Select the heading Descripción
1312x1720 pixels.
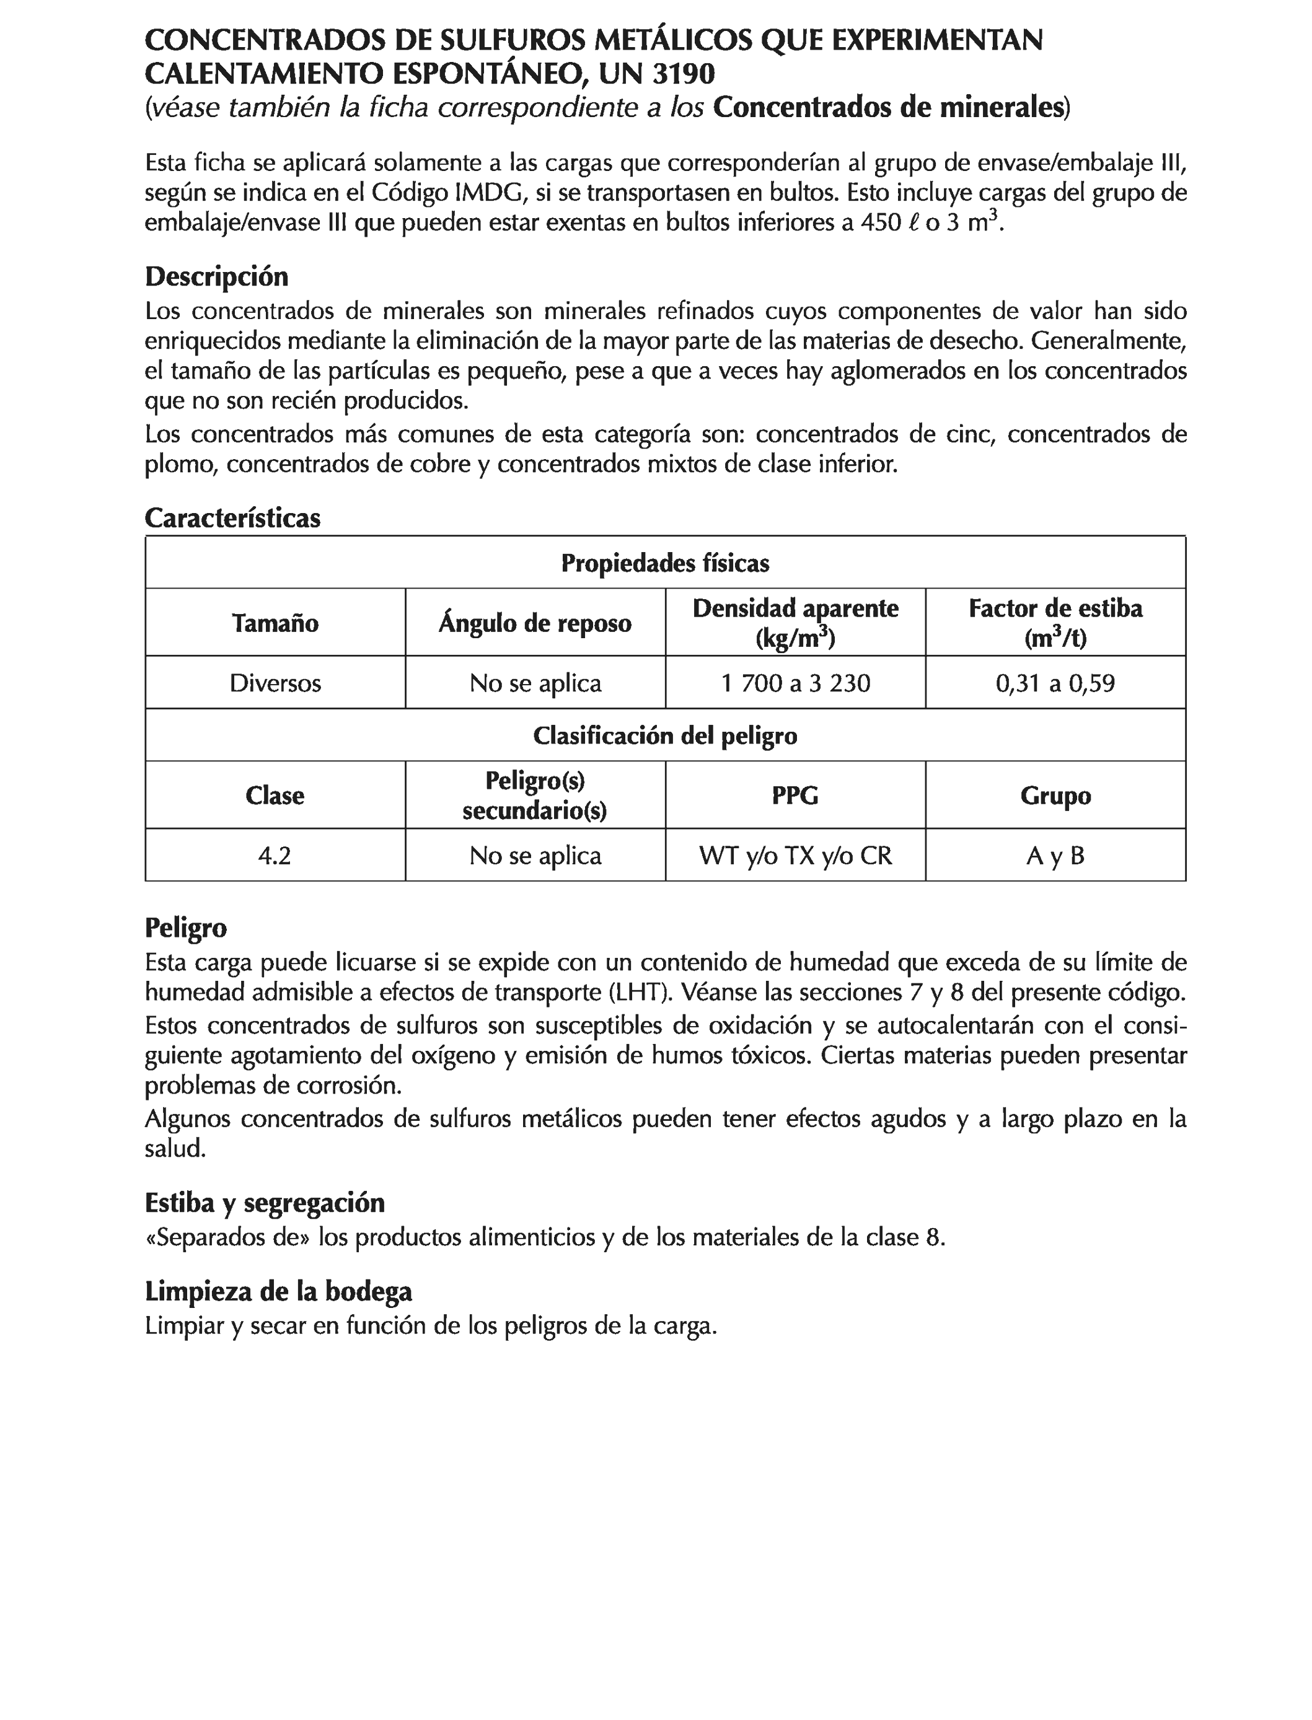click(216, 276)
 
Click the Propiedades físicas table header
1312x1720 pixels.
click(666, 563)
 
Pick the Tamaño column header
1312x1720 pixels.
click(275, 623)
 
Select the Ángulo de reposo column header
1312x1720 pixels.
click(535, 623)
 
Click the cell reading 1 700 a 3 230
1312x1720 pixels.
click(795, 683)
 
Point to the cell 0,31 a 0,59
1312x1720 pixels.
click(1055, 683)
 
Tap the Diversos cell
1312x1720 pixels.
click(275, 683)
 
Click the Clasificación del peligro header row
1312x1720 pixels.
click(666, 735)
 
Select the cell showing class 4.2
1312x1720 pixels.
click(275, 856)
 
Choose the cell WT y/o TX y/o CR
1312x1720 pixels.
click(795, 856)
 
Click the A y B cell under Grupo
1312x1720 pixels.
click(1055, 856)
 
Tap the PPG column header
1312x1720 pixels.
click(795, 796)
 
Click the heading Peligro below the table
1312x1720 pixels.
click(186, 928)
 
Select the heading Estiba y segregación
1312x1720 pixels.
click(265, 1203)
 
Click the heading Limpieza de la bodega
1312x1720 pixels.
click(278, 1291)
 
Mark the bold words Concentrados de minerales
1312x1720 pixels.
click(889, 107)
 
